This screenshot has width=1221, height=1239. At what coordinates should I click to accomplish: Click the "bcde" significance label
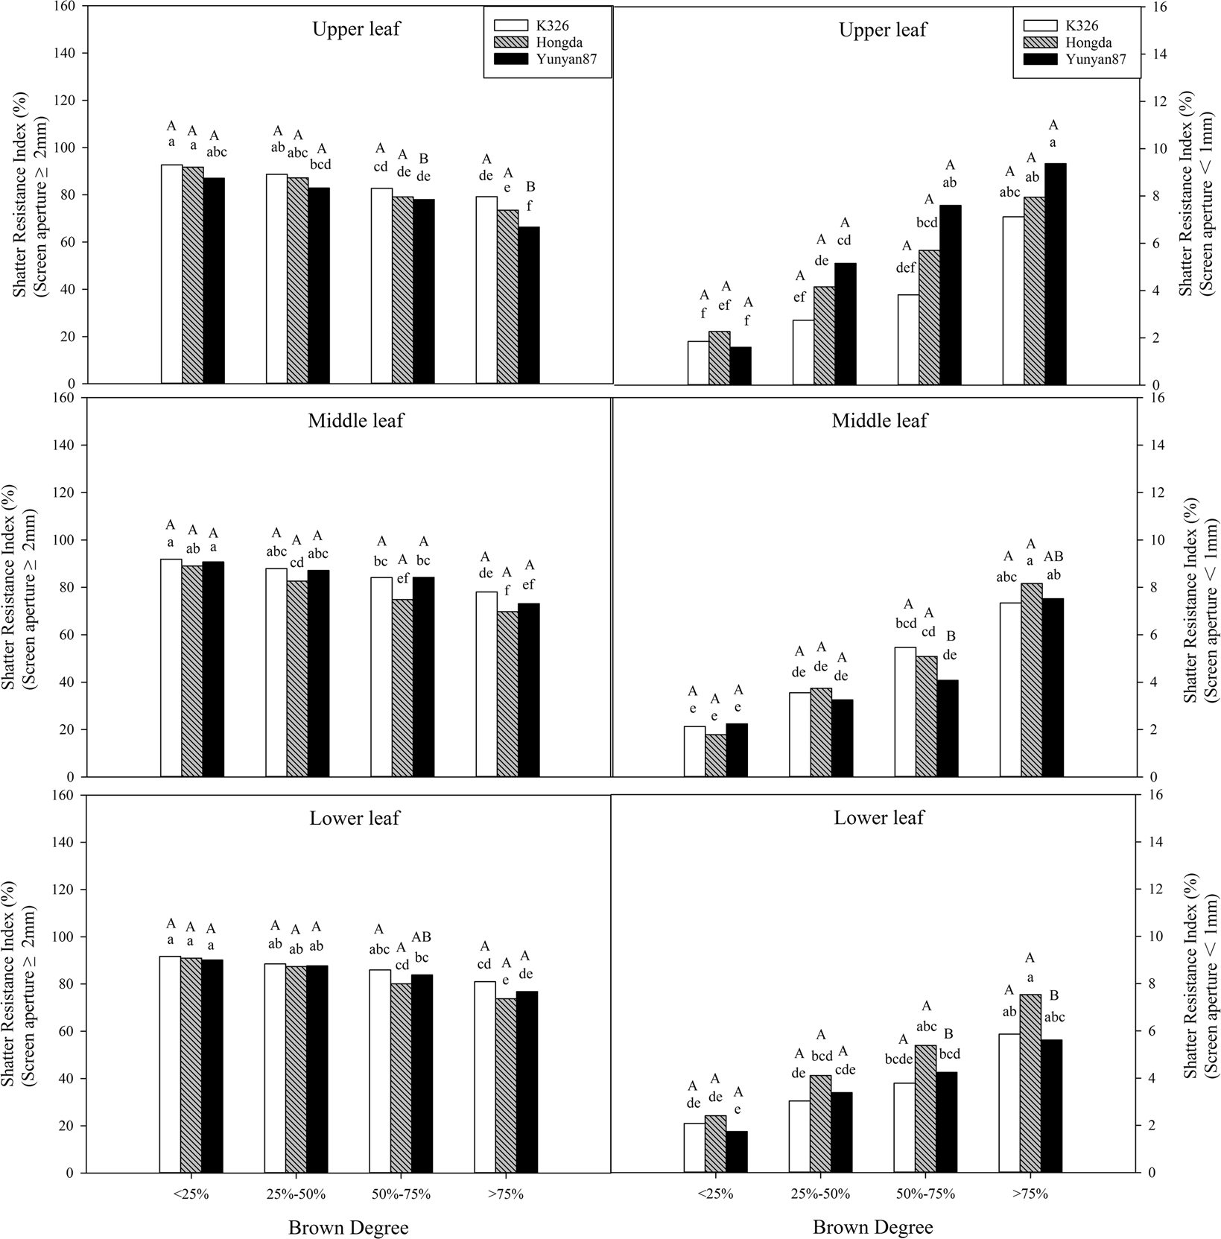point(904,1058)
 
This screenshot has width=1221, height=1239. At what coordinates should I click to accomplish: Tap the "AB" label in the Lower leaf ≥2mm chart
point(422,937)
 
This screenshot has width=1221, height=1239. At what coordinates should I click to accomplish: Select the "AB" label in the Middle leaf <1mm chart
point(1053,557)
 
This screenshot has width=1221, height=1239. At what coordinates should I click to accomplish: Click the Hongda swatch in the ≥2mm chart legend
point(506,43)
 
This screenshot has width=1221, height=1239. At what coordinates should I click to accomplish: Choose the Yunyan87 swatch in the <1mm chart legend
point(1036,60)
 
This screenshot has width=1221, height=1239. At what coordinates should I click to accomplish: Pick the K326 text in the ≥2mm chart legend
point(552,26)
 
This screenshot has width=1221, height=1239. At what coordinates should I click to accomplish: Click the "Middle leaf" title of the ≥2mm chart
point(355,421)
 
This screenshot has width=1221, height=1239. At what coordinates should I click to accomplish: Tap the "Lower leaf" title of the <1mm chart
point(878,818)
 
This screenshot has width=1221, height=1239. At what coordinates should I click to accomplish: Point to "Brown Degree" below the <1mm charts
point(872,1227)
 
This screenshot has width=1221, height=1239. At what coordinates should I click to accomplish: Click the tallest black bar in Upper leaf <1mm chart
point(1055,273)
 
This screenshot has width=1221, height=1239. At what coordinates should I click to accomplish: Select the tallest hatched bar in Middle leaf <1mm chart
point(1032,679)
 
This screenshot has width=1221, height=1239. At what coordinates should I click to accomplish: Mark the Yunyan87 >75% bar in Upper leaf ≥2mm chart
point(528,305)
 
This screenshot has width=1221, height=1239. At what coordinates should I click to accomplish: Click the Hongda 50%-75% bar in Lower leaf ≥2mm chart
point(401,1078)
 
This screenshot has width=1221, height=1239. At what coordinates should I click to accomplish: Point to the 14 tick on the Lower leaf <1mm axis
point(1152,842)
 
